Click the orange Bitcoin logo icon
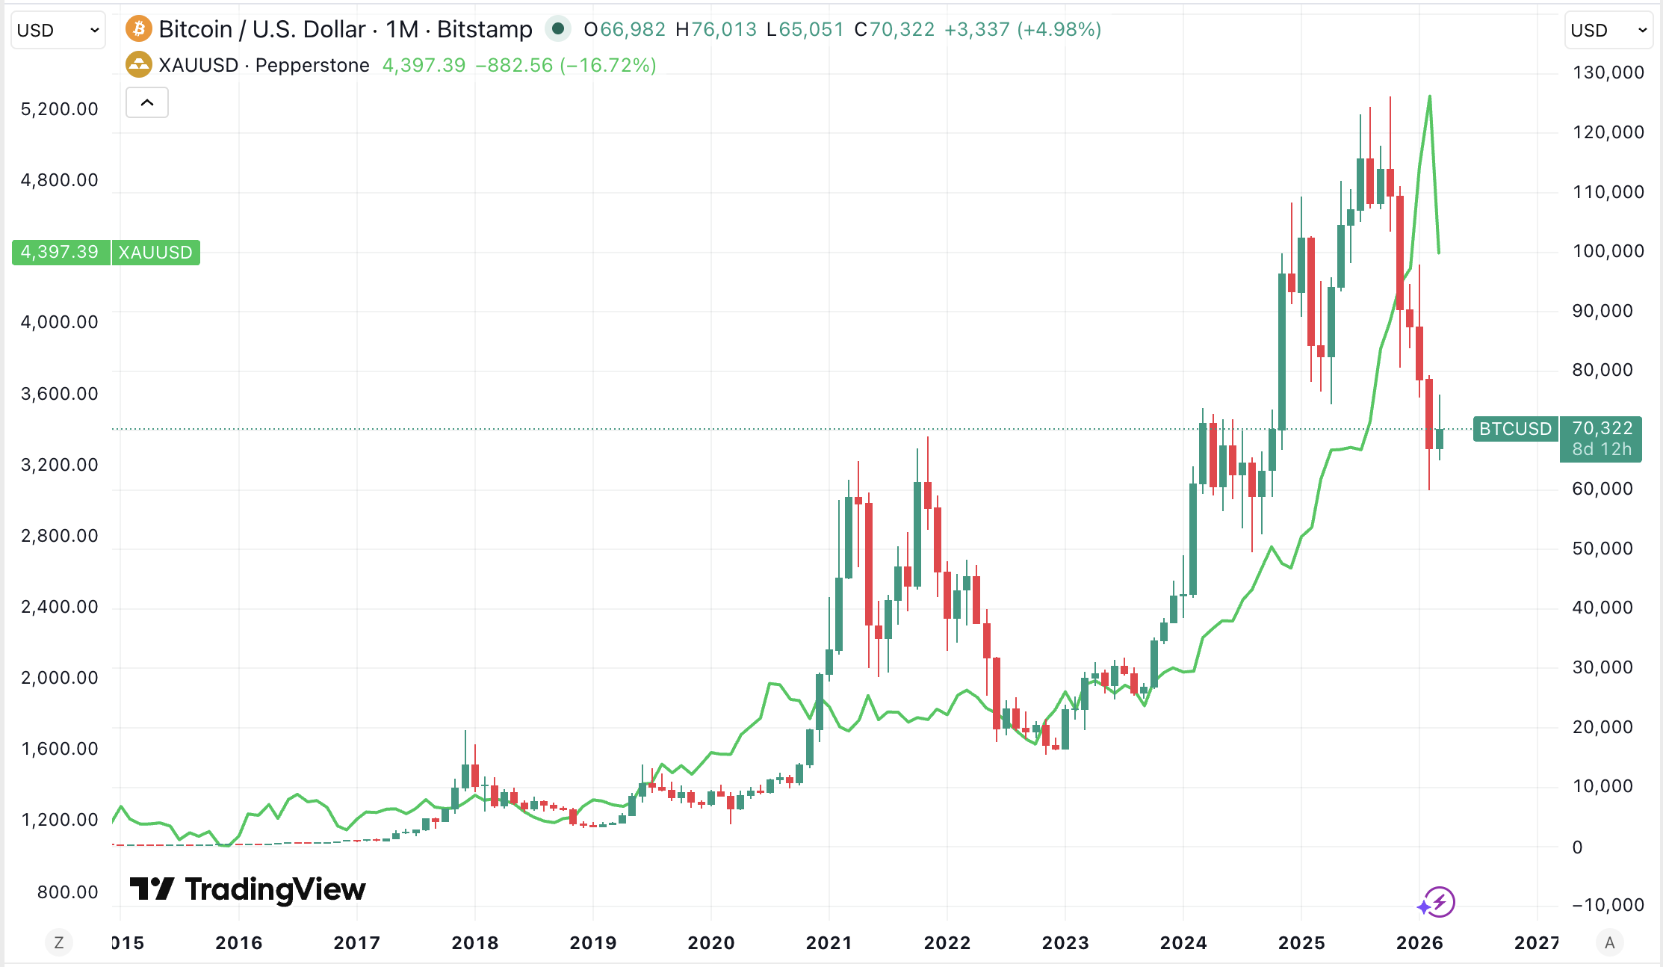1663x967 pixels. tap(138, 29)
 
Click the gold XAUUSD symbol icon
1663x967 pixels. tap(138, 64)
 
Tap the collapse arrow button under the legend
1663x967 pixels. tap(147, 102)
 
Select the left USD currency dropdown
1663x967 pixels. tap(58, 30)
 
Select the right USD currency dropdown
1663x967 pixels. tap(1608, 30)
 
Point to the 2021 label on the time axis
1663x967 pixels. tap(829, 943)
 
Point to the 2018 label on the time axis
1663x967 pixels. tap(474, 943)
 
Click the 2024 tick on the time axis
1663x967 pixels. tap(1183, 943)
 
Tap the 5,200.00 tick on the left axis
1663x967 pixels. tap(60, 109)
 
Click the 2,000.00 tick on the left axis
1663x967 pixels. tap(60, 678)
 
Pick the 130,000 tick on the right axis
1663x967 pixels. tap(1608, 72)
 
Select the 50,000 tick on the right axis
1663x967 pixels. tap(1602, 549)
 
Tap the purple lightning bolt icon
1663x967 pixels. tap(1439, 902)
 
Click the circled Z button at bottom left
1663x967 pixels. tap(59, 943)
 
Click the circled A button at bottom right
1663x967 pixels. tap(1610, 943)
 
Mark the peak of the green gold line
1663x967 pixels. tap(1429, 96)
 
